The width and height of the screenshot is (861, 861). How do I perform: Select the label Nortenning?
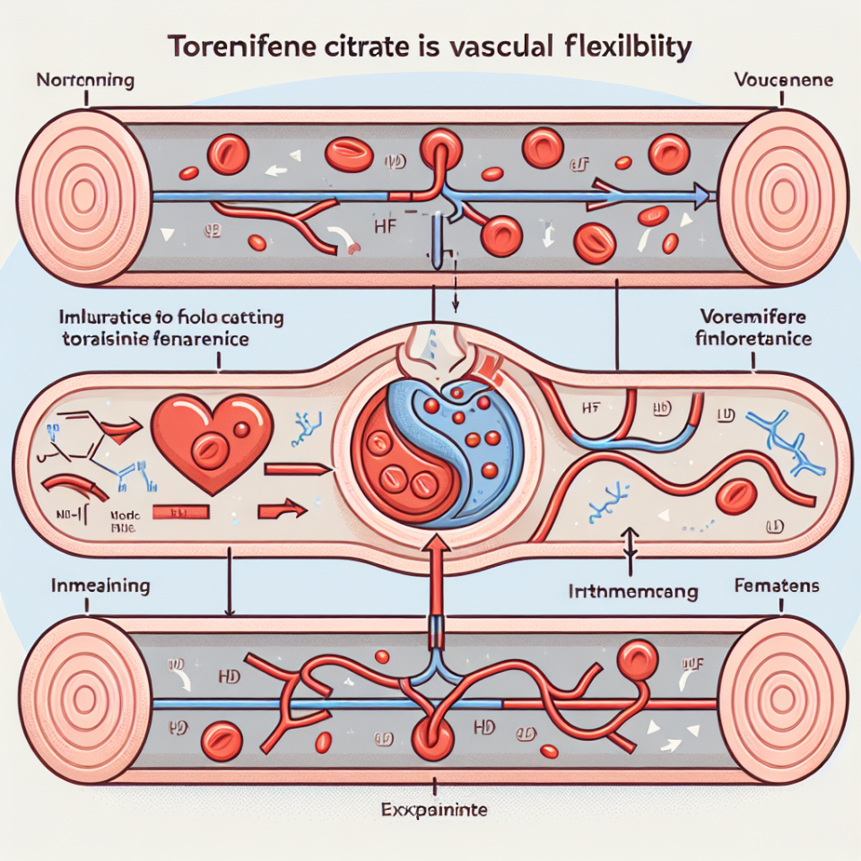click(85, 82)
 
